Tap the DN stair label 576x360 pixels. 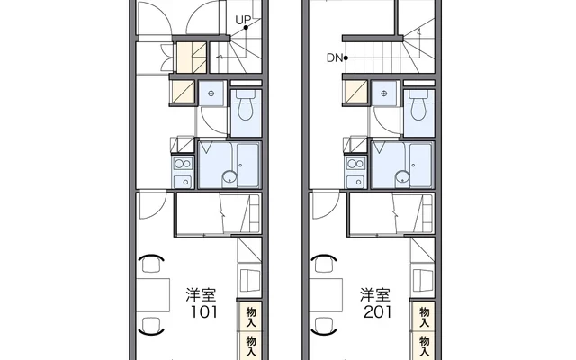click(333, 60)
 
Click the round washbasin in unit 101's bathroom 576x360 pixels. click(229, 176)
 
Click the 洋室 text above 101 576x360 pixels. click(201, 294)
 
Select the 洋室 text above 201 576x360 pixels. click(376, 294)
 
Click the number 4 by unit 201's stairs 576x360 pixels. click(419, 33)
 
